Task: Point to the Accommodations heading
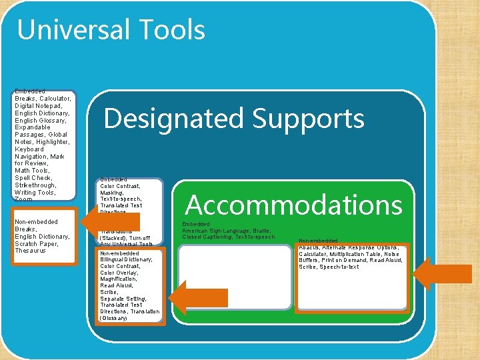[293, 205]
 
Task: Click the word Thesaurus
[30, 251]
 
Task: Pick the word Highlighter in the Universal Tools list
[51, 142]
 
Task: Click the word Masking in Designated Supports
[112, 193]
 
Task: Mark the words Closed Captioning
[211, 237]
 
